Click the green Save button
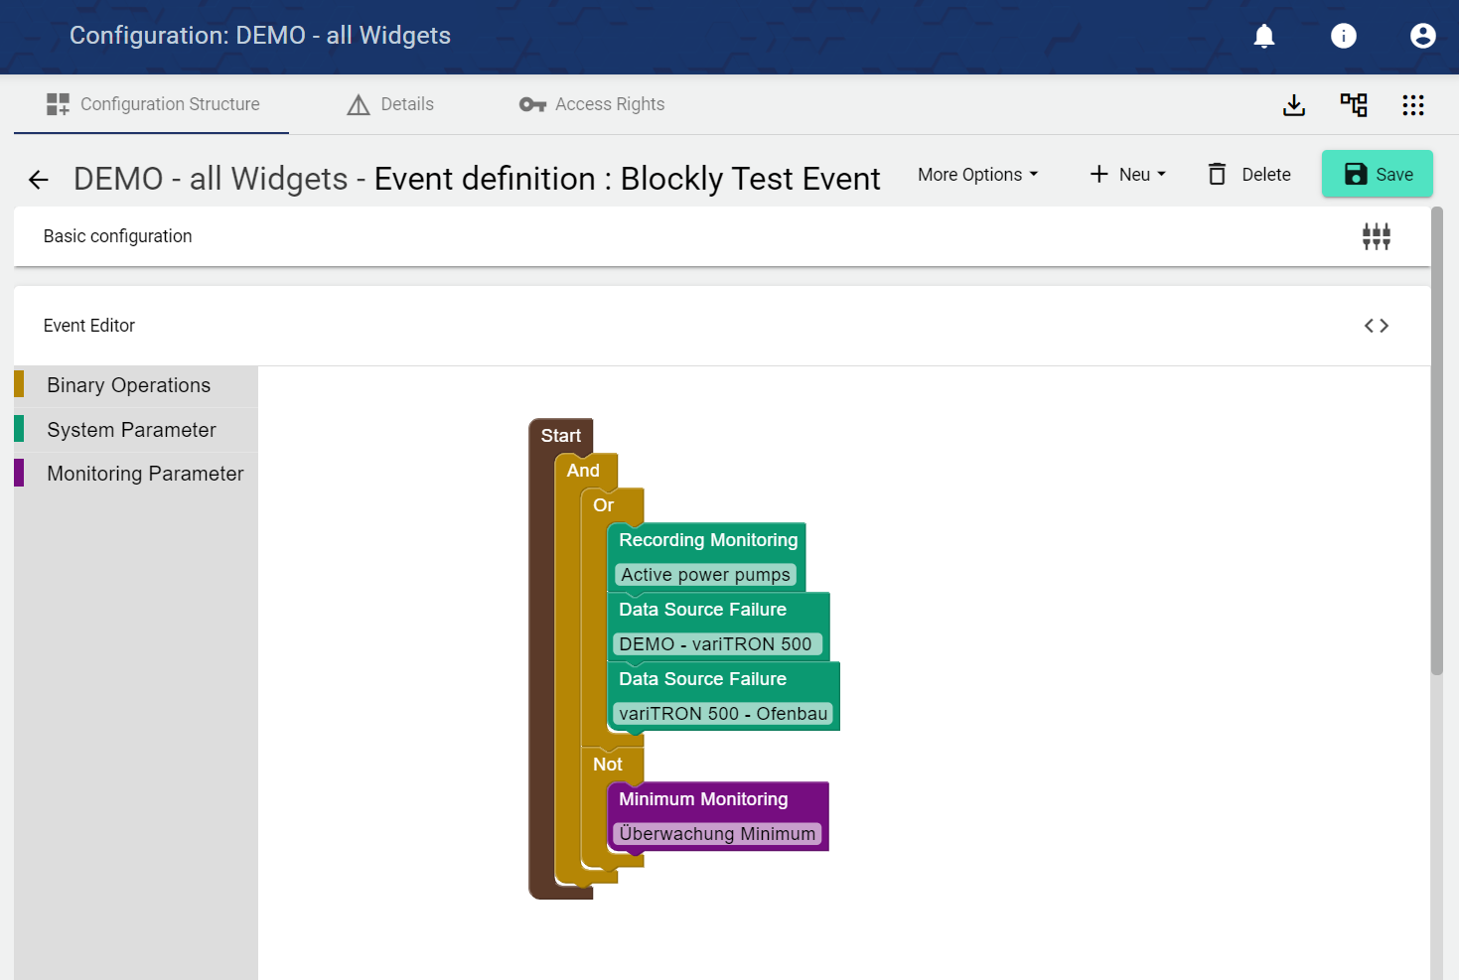(x=1377, y=174)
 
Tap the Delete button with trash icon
(x=1249, y=175)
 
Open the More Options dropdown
(x=977, y=175)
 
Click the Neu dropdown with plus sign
(x=1127, y=175)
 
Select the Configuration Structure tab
(x=152, y=104)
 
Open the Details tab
(x=390, y=104)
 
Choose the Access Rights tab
(x=591, y=104)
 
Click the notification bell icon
(x=1264, y=36)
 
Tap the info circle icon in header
(x=1343, y=36)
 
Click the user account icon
(x=1422, y=36)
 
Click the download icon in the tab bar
(x=1293, y=105)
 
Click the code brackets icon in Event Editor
(x=1377, y=326)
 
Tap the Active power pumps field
(x=705, y=574)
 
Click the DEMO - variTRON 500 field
(x=716, y=644)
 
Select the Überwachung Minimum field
(x=716, y=833)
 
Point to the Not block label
(x=608, y=764)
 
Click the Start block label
(x=561, y=436)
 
